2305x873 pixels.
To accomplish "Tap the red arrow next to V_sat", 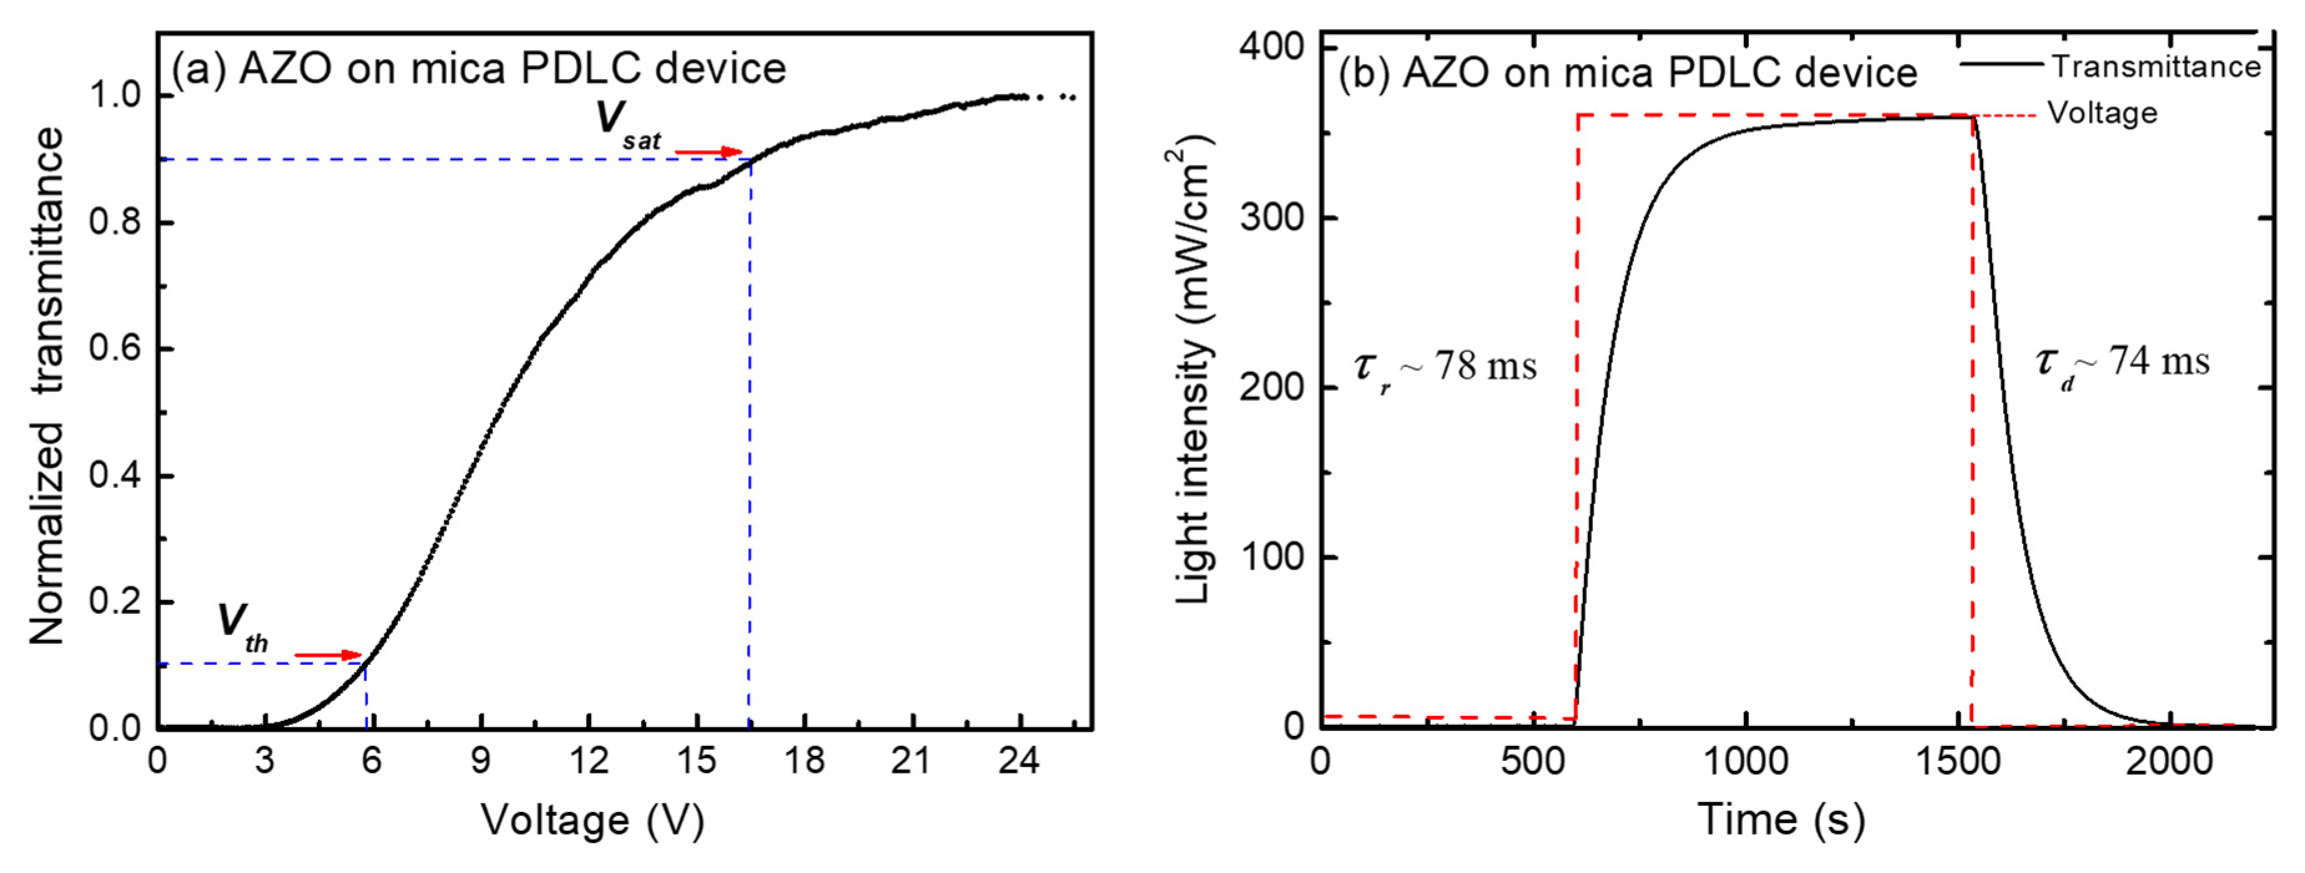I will tap(709, 152).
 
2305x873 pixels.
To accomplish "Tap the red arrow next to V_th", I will tap(327, 656).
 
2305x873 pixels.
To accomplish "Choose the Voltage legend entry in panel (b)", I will tap(2103, 113).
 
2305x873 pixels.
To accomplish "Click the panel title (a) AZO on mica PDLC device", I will tap(479, 70).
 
